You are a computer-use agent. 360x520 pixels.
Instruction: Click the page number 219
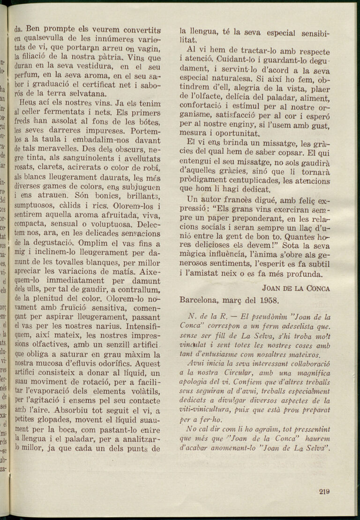point(324,492)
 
